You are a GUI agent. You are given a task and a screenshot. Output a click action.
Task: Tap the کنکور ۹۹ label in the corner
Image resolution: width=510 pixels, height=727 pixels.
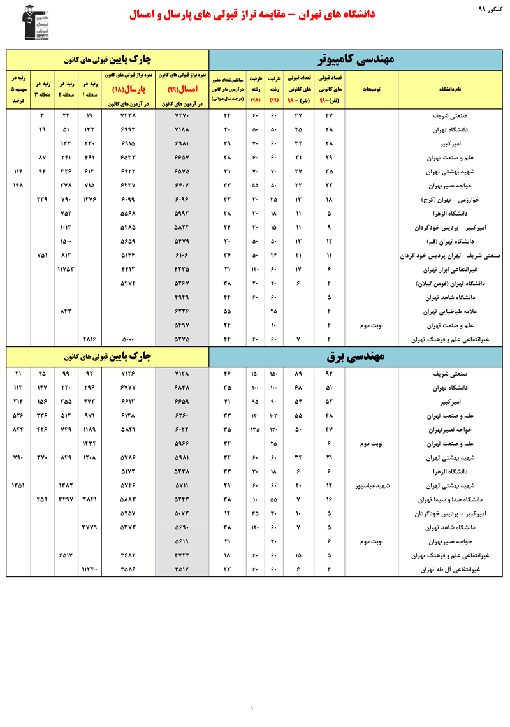[x=490, y=9]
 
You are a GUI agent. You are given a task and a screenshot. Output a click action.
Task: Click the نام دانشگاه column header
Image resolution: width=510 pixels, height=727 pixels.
[x=449, y=90]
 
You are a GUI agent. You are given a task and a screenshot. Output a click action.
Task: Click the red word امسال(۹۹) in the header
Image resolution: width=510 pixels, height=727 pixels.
[x=181, y=90]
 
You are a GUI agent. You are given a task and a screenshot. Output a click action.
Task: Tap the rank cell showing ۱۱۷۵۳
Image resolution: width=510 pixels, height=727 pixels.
[x=66, y=270]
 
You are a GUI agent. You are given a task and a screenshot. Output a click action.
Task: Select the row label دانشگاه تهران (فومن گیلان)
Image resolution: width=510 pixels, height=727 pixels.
[x=449, y=284]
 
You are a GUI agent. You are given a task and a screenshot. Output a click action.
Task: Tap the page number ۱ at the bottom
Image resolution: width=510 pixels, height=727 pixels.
[x=252, y=708]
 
